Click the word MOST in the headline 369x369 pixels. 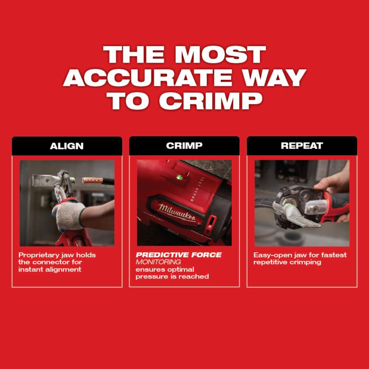point(220,55)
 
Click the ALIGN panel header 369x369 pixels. point(67,146)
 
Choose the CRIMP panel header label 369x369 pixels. point(184,146)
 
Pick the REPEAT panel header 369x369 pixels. point(302,146)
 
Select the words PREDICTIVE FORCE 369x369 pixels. point(179,255)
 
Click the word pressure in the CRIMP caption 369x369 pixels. point(149,276)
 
